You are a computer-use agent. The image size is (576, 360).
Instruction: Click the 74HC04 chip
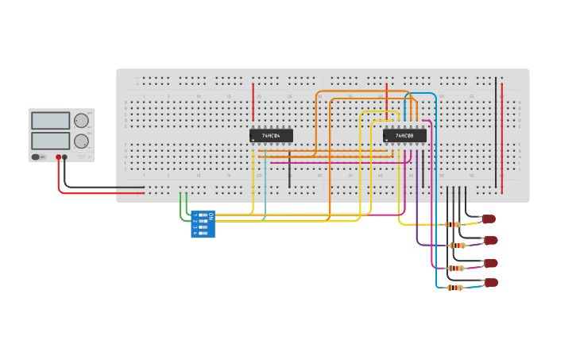coord(271,136)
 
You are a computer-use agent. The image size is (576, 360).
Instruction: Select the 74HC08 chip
coord(404,136)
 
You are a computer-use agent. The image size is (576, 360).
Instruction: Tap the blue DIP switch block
coord(203,223)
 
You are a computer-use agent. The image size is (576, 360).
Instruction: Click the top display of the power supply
coord(51,121)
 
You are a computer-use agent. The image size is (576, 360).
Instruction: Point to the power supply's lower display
coord(51,141)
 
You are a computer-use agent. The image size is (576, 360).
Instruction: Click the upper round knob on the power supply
coord(81,121)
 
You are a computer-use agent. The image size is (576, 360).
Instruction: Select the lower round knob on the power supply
coord(81,141)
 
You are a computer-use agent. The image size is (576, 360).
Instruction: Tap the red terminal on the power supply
coord(58,157)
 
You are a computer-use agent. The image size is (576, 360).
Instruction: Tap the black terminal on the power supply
coord(65,157)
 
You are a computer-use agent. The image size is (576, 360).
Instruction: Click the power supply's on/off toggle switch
coord(37,157)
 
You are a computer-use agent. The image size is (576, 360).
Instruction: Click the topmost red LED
coord(489,219)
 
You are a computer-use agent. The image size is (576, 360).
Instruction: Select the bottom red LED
coord(492,282)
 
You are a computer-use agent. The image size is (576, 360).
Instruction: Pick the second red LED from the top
coord(491,240)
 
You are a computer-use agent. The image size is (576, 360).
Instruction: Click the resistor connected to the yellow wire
coord(453,225)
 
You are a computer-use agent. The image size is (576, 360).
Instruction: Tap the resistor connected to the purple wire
coord(457,246)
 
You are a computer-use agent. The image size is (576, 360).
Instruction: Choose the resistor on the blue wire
coord(455,288)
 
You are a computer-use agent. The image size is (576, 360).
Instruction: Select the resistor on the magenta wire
coord(455,268)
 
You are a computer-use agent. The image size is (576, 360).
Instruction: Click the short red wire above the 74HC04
coord(253,102)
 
